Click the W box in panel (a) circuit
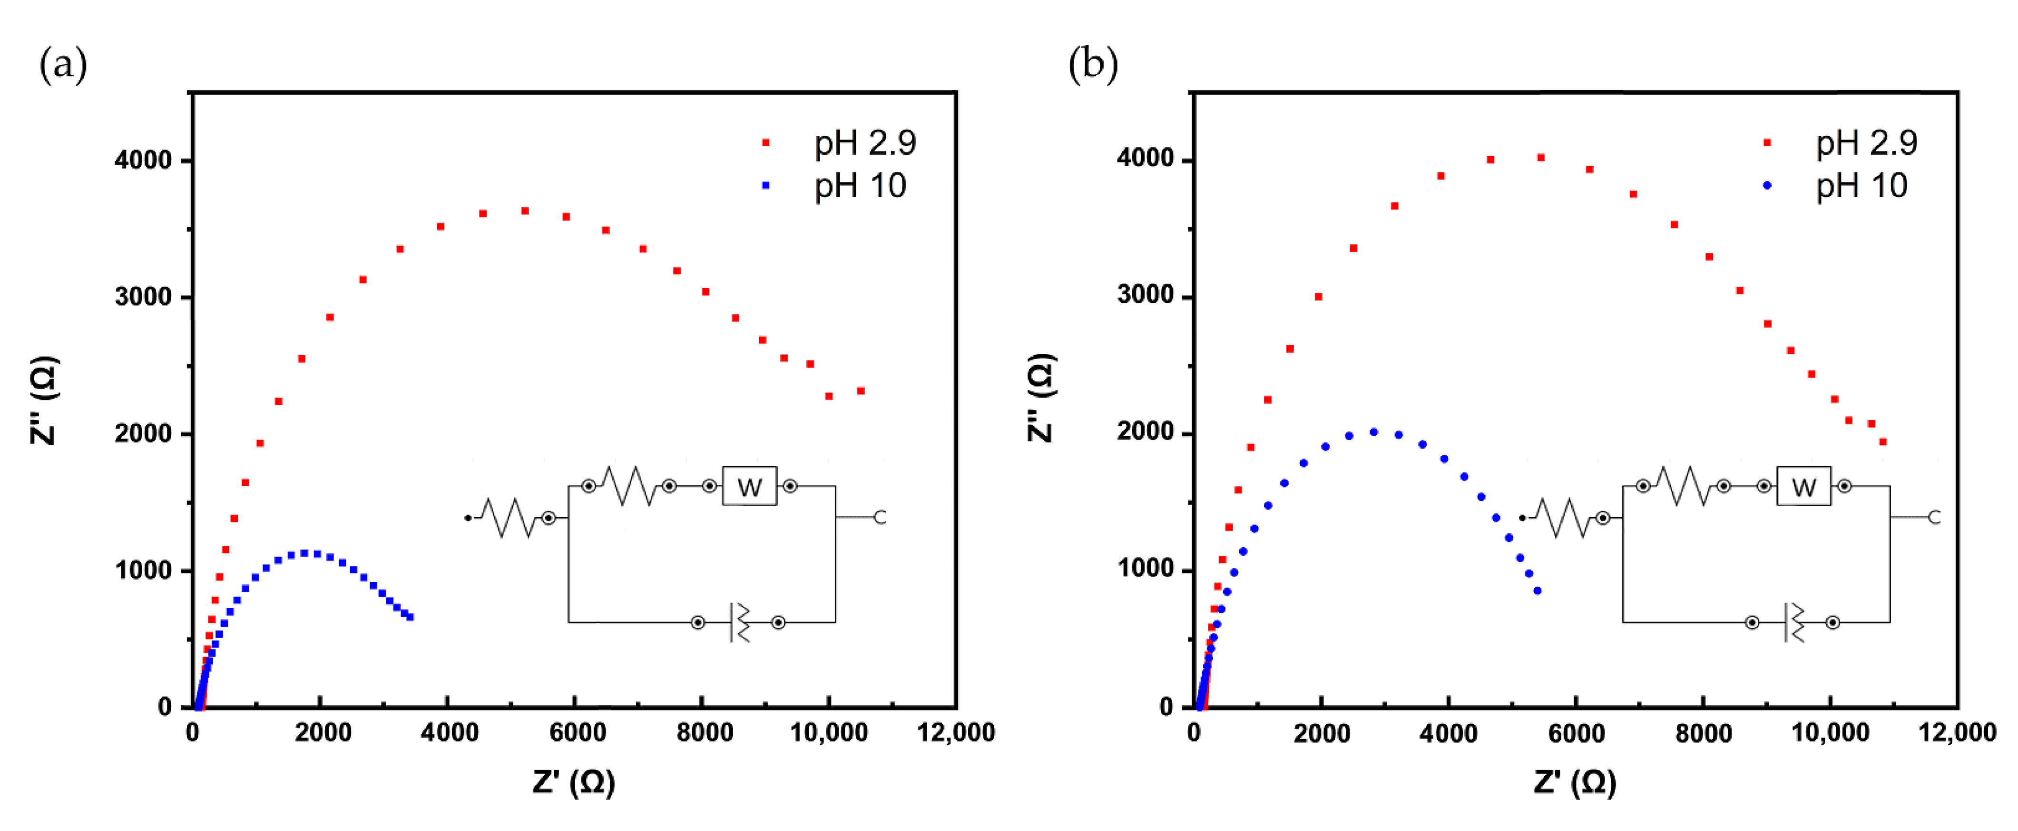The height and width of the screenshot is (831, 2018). tap(749, 487)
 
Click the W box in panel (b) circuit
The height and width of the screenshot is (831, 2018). tap(1803, 487)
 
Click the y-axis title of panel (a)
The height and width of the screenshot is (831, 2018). tap(44, 400)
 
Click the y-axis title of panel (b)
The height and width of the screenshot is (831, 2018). tap(1041, 398)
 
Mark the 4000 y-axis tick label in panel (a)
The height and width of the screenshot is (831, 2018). tap(143, 160)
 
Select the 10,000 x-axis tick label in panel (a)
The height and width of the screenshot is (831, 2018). tap(829, 733)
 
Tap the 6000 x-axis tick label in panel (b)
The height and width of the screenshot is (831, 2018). tap(1576, 733)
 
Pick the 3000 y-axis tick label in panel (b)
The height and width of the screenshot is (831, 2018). tap(1146, 296)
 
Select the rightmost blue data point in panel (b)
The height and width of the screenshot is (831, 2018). tap(1537, 591)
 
